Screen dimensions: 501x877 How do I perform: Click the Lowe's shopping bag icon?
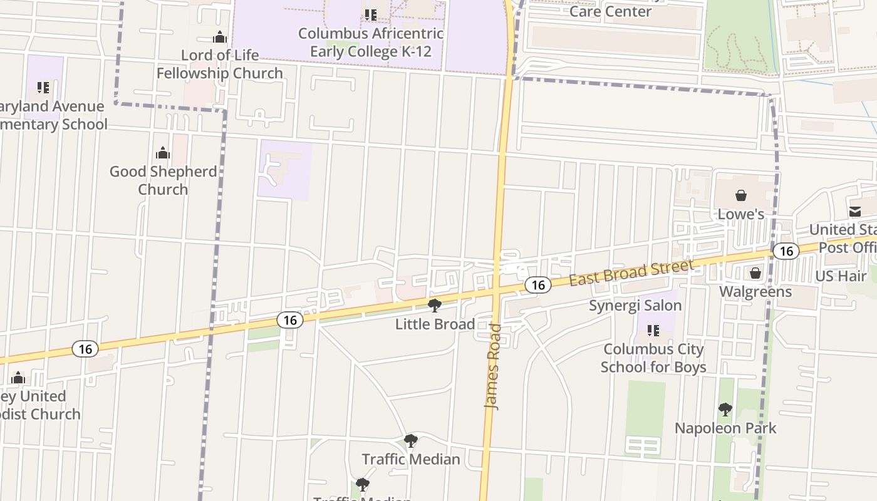click(741, 195)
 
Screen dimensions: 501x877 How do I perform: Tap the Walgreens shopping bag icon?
click(755, 273)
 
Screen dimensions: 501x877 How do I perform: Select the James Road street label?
click(494, 367)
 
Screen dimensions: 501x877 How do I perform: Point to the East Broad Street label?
click(631, 273)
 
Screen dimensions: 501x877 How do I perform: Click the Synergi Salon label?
click(635, 306)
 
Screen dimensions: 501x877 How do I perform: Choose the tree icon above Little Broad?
click(434, 306)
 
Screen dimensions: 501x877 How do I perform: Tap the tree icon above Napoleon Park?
click(725, 410)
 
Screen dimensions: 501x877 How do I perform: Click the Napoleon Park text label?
click(725, 428)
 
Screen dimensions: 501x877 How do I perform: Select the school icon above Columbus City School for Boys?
click(653, 330)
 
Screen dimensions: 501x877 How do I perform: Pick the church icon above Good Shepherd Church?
click(163, 153)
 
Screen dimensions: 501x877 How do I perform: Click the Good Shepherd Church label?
click(163, 180)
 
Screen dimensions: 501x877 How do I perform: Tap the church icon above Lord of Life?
click(219, 37)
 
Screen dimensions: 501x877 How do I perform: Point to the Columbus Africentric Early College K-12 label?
click(371, 42)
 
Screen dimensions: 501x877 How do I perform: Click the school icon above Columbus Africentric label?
click(371, 14)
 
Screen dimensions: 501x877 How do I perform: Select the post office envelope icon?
click(855, 211)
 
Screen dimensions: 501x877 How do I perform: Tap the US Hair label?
click(841, 276)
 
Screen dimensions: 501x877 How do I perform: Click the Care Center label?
click(610, 11)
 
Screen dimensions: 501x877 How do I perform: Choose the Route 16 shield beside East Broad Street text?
click(537, 286)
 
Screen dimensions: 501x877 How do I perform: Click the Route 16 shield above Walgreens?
click(786, 251)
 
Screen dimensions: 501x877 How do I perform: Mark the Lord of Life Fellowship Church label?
click(219, 64)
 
